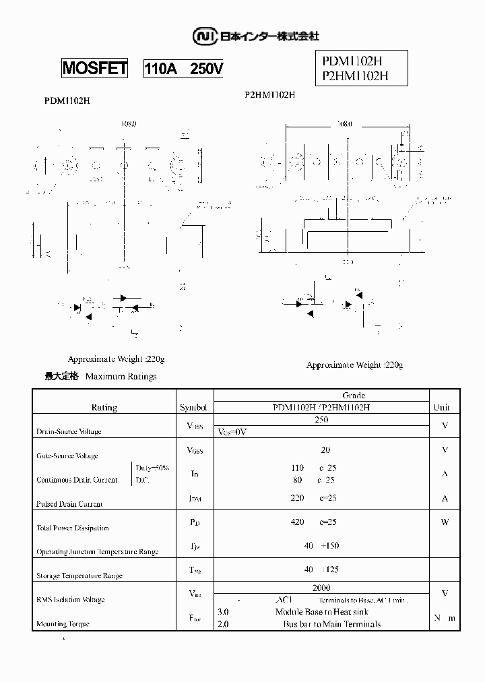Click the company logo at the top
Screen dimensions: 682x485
pyautogui.click(x=256, y=36)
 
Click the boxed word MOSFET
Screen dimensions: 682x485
pyautogui.click(x=94, y=69)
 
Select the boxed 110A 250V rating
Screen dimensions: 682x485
pyautogui.click(x=183, y=69)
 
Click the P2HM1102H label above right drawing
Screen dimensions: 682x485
pyautogui.click(x=270, y=95)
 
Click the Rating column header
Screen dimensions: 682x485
pyautogui.click(x=104, y=407)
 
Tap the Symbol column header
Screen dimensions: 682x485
pyautogui.click(x=194, y=407)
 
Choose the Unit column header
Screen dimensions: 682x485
pyautogui.click(x=441, y=407)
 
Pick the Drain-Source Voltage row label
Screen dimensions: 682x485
pyautogui.click(x=69, y=431)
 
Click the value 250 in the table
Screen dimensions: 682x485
pyautogui.click(x=321, y=419)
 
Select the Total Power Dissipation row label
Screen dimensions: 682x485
pyautogui.click(x=72, y=528)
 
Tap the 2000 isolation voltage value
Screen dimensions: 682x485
pyautogui.click(x=321, y=588)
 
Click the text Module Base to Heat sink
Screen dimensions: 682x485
pyautogui.click(x=323, y=612)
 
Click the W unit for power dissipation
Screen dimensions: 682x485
pyautogui.click(x=445, y=522)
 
